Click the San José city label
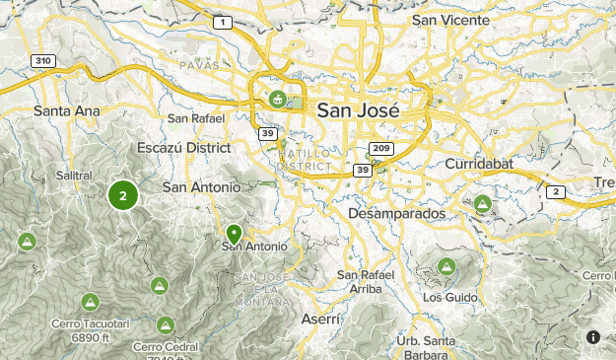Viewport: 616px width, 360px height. tap(359, 110)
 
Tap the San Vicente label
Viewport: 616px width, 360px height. tap(450, 20)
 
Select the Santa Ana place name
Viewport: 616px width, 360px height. tap(67, 110)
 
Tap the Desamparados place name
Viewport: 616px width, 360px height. tap(397, 213)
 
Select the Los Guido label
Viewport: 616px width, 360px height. tap(449, 297)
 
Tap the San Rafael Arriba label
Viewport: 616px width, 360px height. tap(367, 281)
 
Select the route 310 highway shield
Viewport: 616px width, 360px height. tap(41, 60)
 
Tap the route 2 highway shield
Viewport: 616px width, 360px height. tap(556, 191)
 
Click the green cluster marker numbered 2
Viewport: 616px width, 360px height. tap(122, 195)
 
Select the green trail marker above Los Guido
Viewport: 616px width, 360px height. tap(446, 266)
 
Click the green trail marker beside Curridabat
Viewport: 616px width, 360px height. tap(482, 205)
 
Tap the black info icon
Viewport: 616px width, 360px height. tap(593, 337)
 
